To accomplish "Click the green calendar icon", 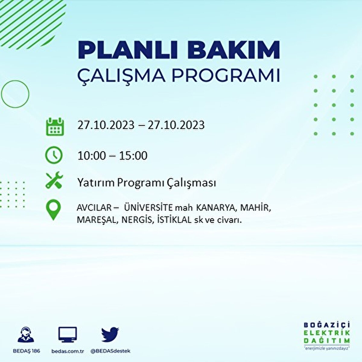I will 55,126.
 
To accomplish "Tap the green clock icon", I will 54,155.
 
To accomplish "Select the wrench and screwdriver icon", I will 54,180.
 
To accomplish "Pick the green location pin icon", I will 53,210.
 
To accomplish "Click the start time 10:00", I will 92,156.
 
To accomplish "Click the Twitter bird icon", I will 110,335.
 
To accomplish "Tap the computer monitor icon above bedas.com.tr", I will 68,335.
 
